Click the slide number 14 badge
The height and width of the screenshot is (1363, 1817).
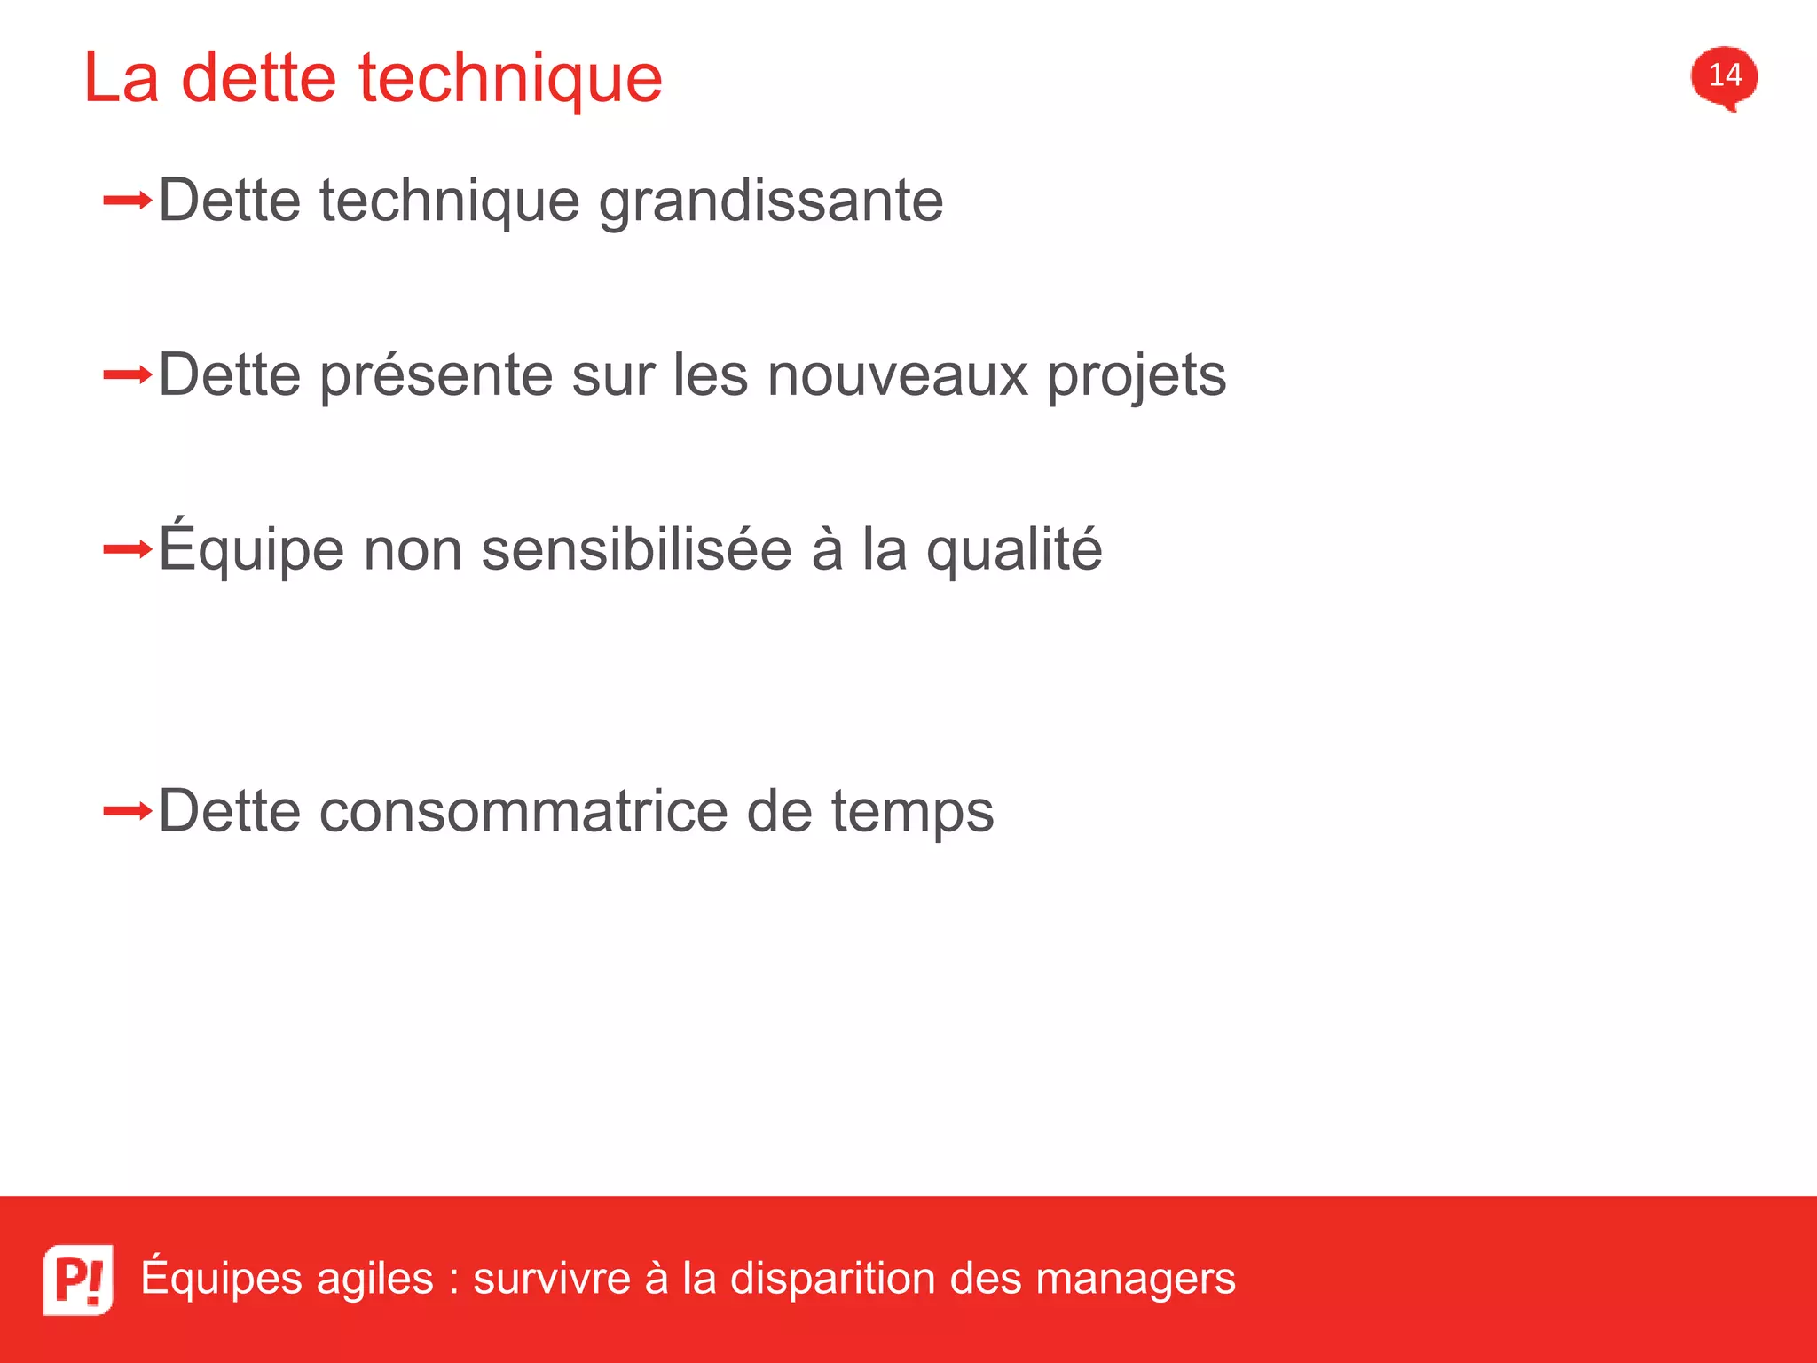click(1724, 76)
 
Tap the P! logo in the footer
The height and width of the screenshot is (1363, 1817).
click(78, 1279)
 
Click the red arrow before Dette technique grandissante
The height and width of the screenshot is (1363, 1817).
click(127, 201)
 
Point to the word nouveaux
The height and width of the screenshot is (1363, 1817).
click(898, 375)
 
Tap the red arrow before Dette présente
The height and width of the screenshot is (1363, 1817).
click(127, 375)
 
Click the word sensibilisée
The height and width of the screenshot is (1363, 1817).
click(636, 549)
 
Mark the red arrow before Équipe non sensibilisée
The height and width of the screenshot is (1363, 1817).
click(127, 550)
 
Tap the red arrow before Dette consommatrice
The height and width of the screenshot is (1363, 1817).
click(127, 811)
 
